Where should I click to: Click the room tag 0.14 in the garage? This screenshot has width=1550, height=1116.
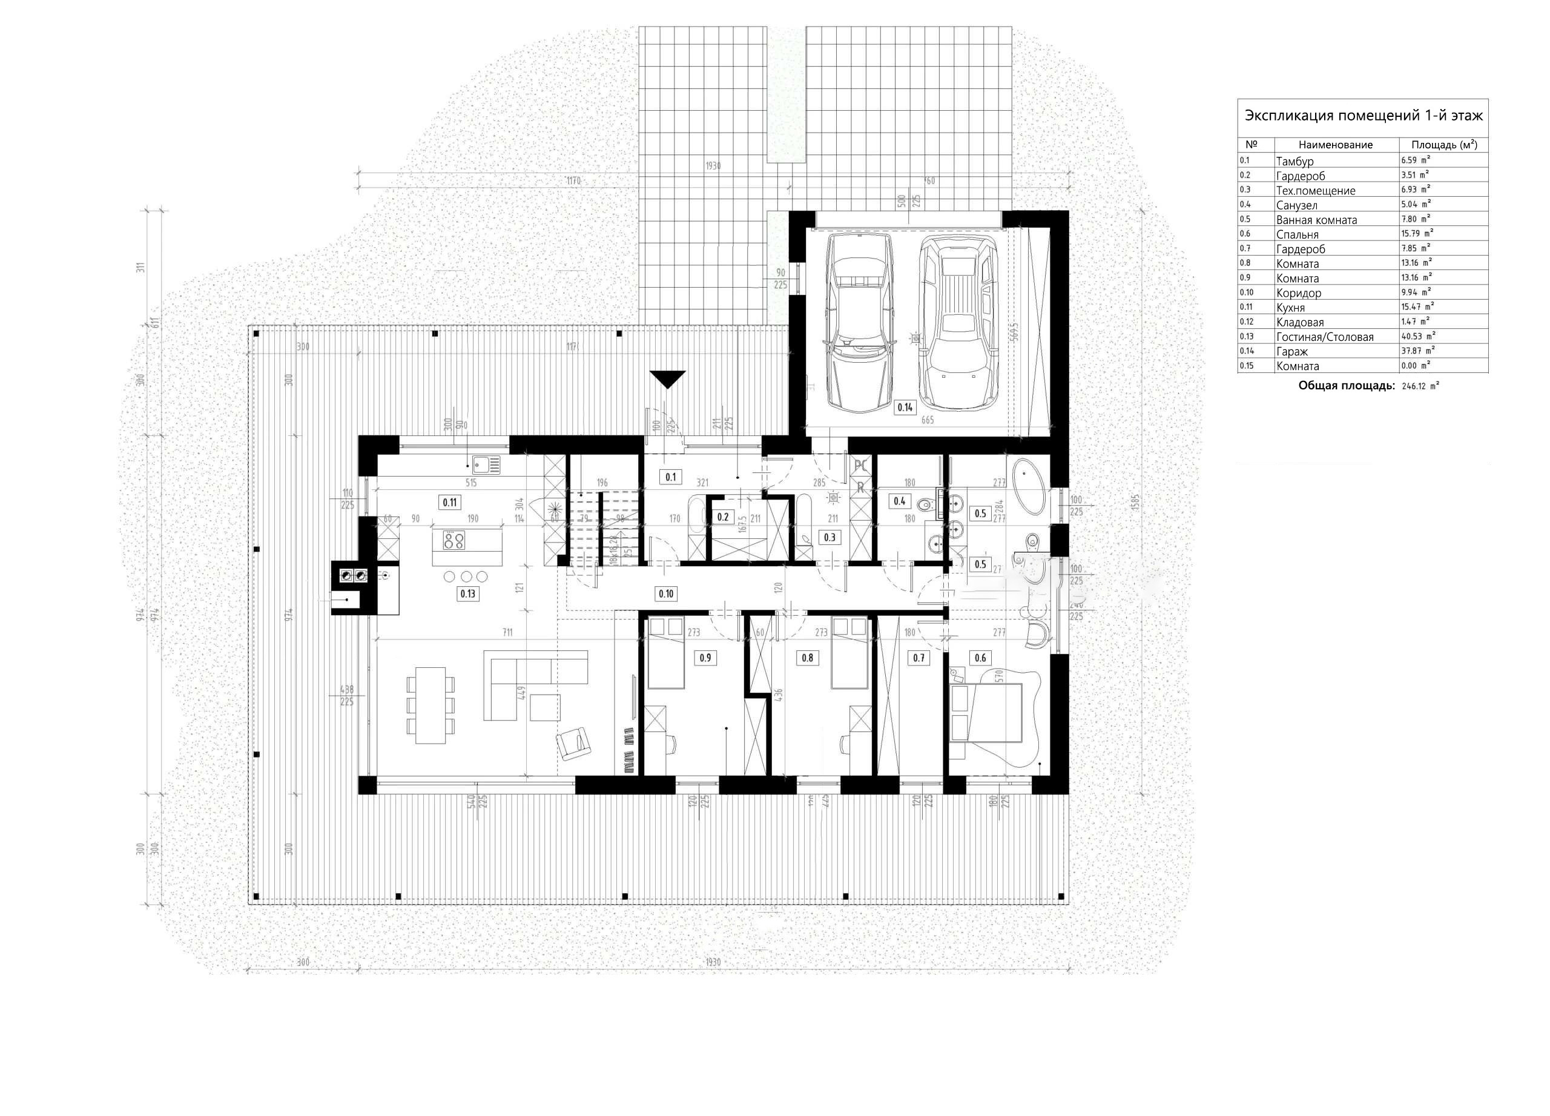[904, 408]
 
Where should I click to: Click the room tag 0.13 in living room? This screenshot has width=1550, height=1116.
[467, 594]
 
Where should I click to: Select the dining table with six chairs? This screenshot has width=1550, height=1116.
[430, 705]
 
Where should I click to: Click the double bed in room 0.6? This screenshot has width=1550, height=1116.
[986, 714]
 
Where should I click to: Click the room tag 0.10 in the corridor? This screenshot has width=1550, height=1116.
[665, 594]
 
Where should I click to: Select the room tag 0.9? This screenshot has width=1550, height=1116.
[705, 658]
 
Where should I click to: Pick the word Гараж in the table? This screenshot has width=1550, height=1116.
[1291, 351]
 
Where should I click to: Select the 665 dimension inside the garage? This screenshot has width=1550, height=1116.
[928, 420]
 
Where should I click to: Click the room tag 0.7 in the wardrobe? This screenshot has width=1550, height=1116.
[918, 658]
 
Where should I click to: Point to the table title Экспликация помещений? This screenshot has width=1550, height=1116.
[1363, 116]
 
